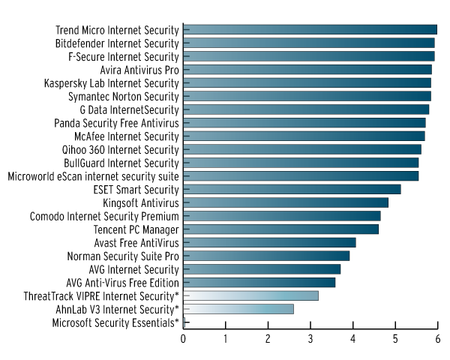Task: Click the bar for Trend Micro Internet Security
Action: (310, 30)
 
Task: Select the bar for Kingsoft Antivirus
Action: (286, 202)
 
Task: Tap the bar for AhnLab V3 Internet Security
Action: (238, 309)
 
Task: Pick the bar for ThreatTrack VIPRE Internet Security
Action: (250, 295)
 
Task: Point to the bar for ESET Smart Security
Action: (292, 189)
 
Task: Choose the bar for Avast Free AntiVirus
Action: (269, 242)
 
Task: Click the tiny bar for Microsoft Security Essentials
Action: (184, 322)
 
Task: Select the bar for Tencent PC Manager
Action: (280, 229)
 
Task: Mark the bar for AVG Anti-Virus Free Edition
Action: (259, 283)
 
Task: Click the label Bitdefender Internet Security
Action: (117, 43)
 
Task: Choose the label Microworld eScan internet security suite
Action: (93, 176)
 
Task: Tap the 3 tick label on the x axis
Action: (310, 338)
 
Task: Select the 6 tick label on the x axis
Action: (437, 338)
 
